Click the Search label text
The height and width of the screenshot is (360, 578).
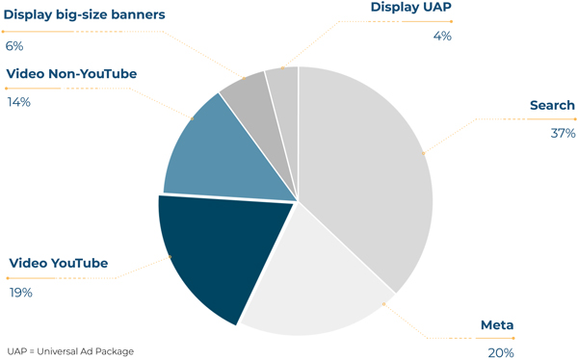click(x=552, y=105)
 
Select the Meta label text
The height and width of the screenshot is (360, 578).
click(x=497, y=325)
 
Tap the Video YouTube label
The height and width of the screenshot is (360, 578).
click(x=59, y=263)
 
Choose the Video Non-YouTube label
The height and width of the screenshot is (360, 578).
click(x=71, y=74)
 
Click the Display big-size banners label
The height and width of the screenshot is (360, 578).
click(x=85, y=14)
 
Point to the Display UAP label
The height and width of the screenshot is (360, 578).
click(x=411, y=7)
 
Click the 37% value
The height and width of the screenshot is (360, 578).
click(x=563, y=133)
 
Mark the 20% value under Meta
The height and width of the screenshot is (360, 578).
click(x=501, y=353)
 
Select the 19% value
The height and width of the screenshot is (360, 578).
click(x=21, y=293)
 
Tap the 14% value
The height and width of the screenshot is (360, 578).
click(x=19, y=102)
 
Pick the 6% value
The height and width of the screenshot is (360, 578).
click(x=14, y=46)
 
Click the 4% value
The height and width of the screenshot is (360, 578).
click(x=442, y=37)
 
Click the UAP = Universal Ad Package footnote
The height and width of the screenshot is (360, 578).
click(x=70, y=351)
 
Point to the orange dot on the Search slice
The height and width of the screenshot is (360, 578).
click(x=424, y=153)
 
